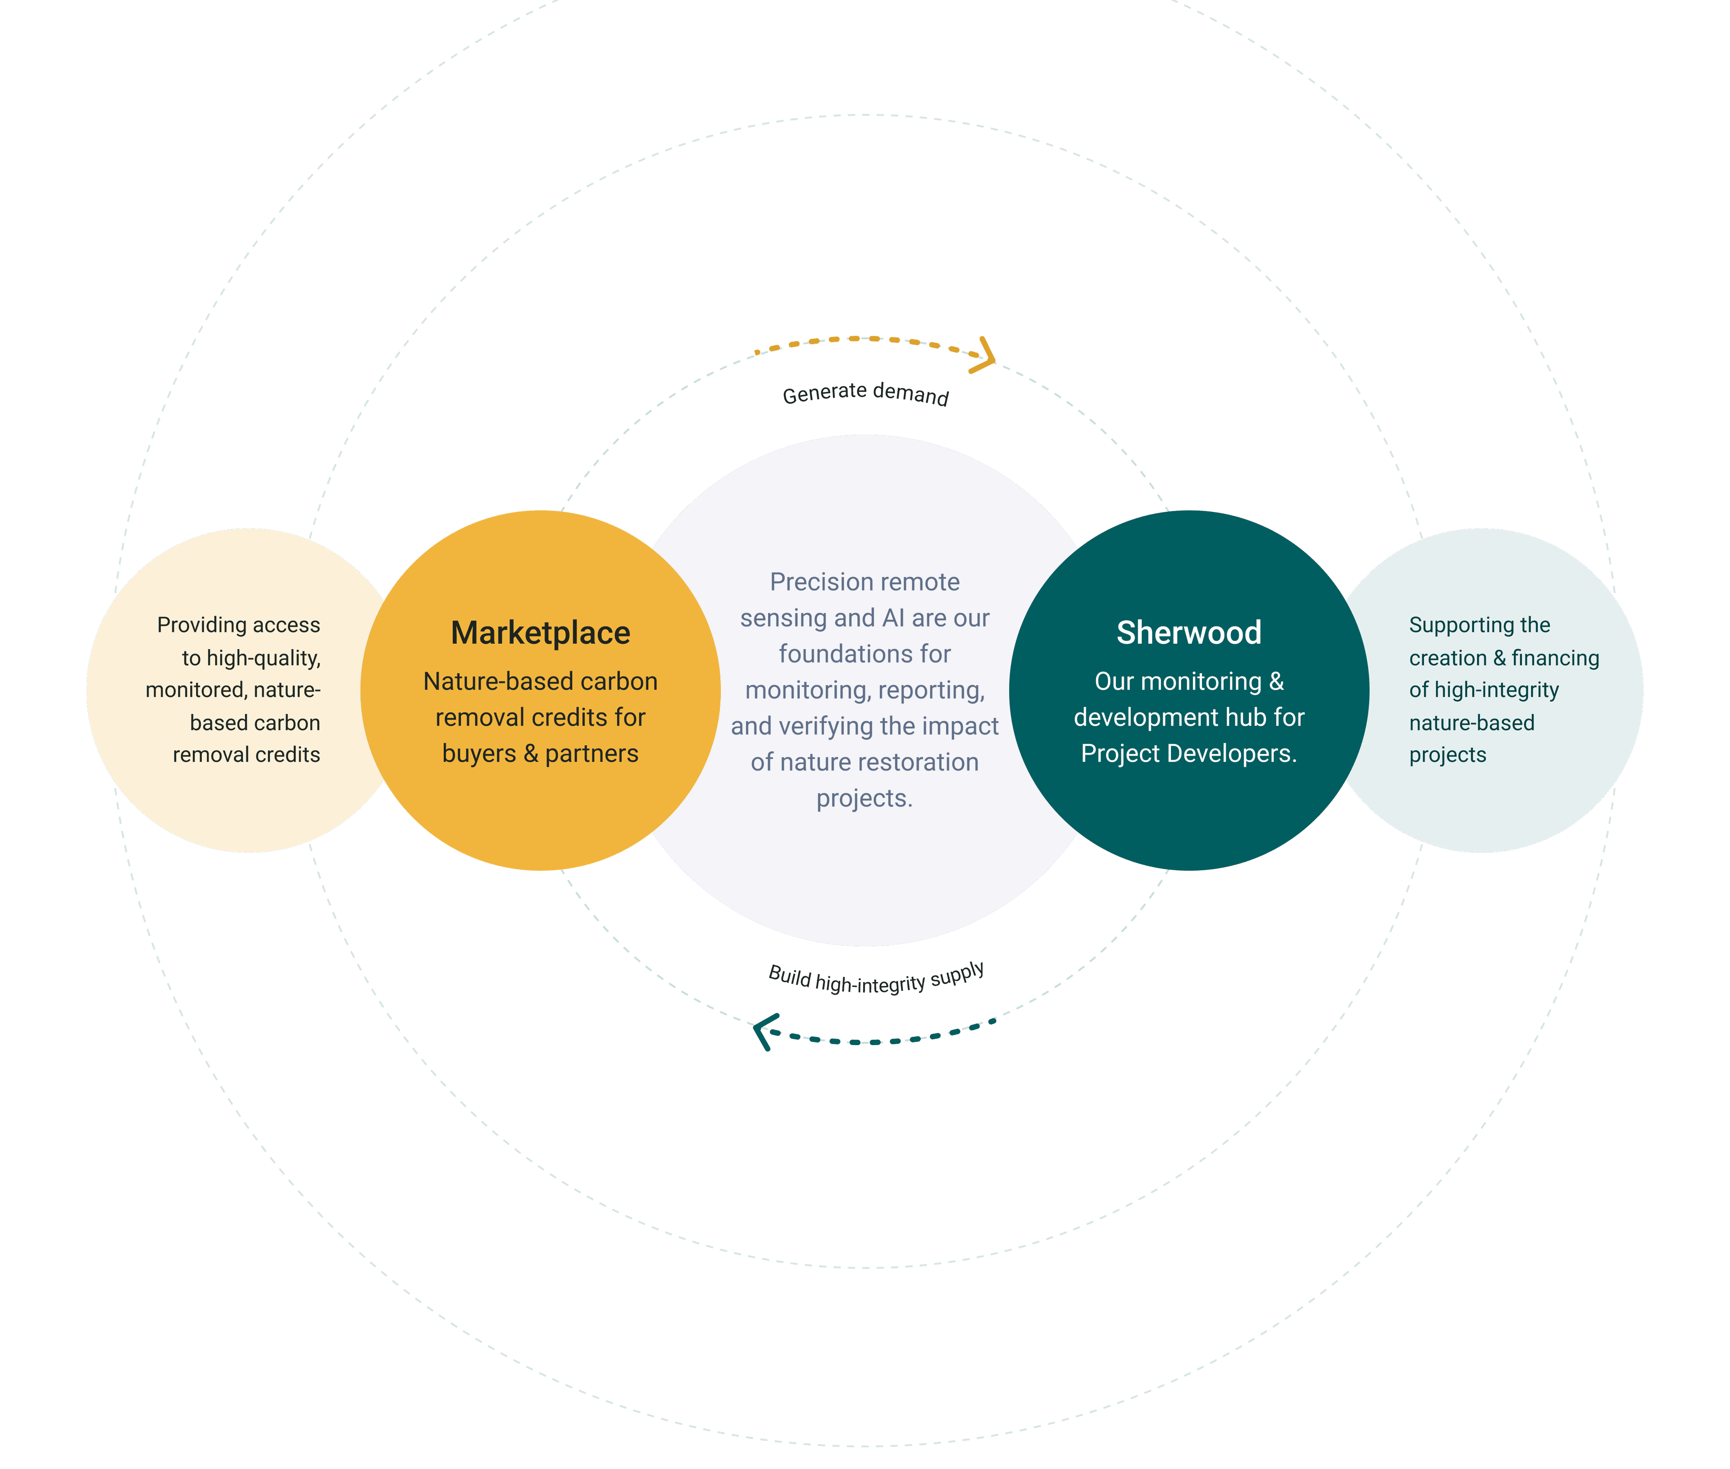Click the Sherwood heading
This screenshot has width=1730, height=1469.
(x=1188, y=633)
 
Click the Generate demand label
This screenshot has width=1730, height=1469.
(x=865, y=393)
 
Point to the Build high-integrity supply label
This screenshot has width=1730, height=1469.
(x=876, y=978)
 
